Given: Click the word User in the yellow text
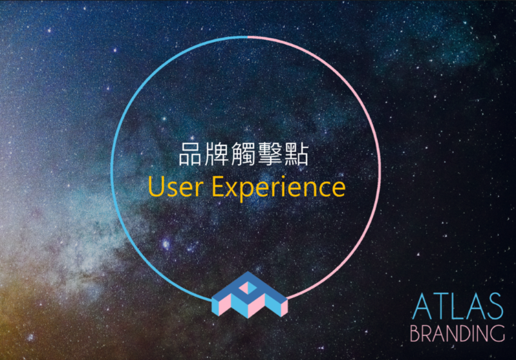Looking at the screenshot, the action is point(175,186).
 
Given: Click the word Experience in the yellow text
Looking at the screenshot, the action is point(279,187).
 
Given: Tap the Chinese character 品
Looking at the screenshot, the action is point(190,154).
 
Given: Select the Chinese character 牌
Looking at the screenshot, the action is point(217,154).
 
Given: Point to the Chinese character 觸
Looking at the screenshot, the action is point(243,154).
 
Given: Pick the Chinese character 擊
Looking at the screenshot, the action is point(270,154).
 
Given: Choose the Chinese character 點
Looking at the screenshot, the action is point(297,154).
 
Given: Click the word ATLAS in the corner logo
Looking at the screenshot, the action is point(458,306).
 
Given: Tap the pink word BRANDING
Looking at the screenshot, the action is point(457,334).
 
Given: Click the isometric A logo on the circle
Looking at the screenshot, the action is point(250,295).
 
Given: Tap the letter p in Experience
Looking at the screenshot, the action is point(248,191).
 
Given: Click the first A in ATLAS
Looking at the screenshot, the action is point(422,306).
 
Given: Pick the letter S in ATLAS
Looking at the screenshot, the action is point(495,306).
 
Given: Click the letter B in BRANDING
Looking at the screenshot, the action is point(415,334).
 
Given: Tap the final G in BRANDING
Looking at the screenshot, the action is point(499,334).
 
